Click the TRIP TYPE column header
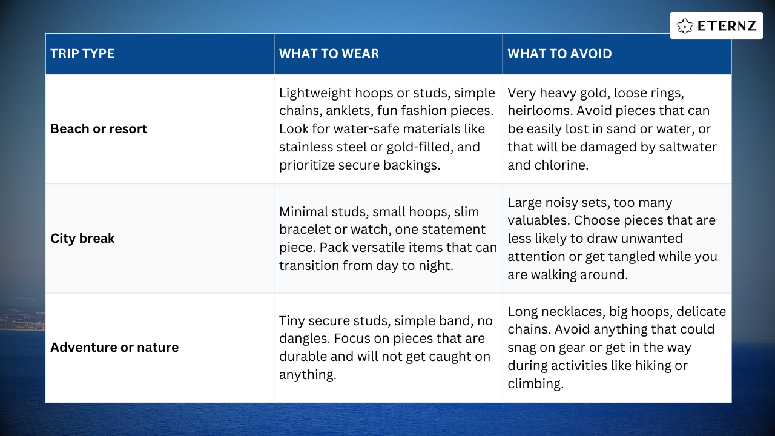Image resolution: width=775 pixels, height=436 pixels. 82,54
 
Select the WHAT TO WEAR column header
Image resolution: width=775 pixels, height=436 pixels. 329,54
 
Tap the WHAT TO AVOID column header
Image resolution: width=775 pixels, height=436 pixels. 559,54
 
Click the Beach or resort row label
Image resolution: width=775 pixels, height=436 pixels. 99,129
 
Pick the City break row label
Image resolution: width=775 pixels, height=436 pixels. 82,239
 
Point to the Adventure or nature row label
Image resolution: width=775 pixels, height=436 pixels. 114,348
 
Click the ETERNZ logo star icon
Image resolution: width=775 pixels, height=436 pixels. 685,26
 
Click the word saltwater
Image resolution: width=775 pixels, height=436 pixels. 685,147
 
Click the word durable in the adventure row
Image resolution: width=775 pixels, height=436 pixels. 302,357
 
